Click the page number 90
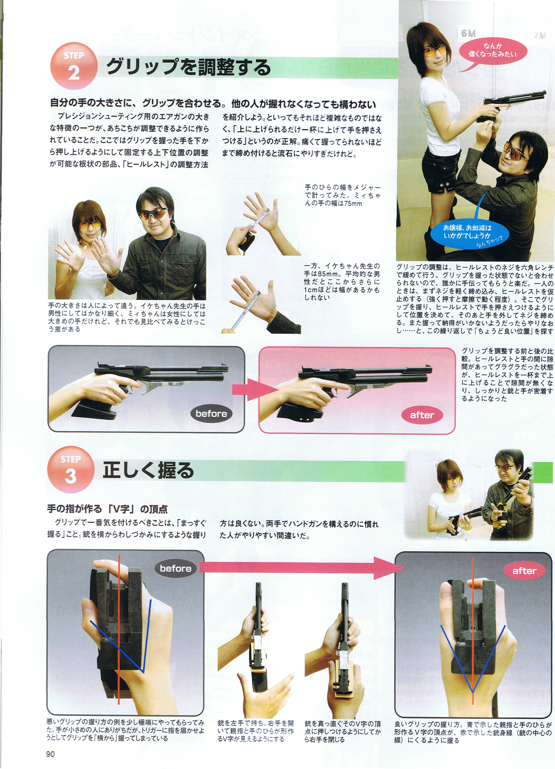coord(50,754)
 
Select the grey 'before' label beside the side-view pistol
coord(211,414)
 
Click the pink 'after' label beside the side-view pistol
coord(422,415)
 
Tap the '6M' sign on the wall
coord(468,33)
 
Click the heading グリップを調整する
coord(188,67)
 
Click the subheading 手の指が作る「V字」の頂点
coord(107,509)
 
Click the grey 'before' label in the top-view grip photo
coord(175,569)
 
